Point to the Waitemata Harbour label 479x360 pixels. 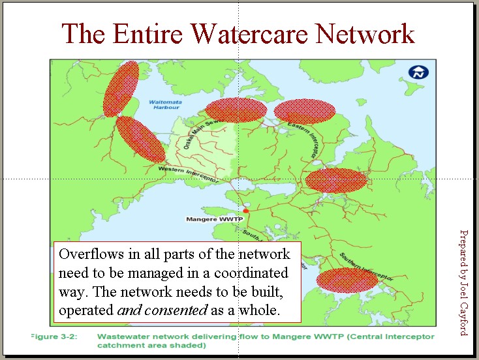click(164, 105)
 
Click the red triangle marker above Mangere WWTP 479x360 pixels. click(246, 210)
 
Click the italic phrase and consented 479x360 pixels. click(162, 310)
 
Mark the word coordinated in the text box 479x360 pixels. click(250, 273)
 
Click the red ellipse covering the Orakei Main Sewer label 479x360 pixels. click(235, 111)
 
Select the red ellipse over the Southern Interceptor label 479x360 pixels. click(347, 280)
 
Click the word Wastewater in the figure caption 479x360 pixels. click(123, 337)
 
